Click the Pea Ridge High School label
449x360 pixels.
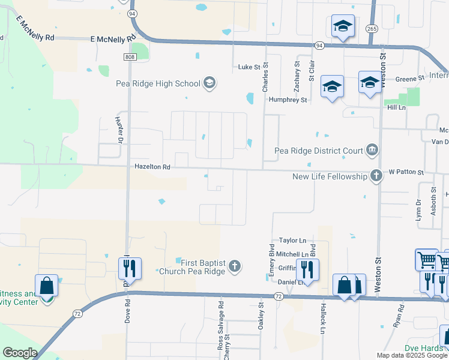(x=158, y=83)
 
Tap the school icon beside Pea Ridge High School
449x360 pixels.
(x=209, y=83)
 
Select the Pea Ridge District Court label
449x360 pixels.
(x=319, y=151)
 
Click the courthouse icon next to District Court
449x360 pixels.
(x=372, y=150)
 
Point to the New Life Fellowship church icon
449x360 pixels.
(x=376, y=176)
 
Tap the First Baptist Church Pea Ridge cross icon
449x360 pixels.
(x=235, y=266)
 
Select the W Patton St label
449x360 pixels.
(x=406, y=172)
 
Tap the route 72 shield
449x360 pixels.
(x=278, y=296)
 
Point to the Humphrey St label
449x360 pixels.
(x=288, y=100)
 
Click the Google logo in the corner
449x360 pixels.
(x=19, y=353)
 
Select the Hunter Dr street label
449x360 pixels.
(x=118, y=129)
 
